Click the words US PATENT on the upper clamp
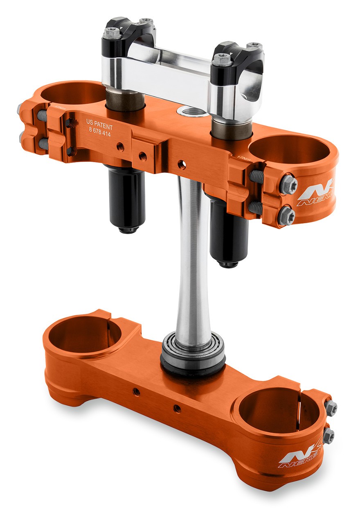click(x=99, y=122)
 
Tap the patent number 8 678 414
click(x=99, y=129)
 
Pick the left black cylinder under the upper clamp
click(x=127, y=199)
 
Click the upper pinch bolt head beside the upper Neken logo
click(x=288, y=185)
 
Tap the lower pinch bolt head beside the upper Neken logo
click(x=286, y=215)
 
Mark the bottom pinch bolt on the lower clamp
click(x=328, y=436)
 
